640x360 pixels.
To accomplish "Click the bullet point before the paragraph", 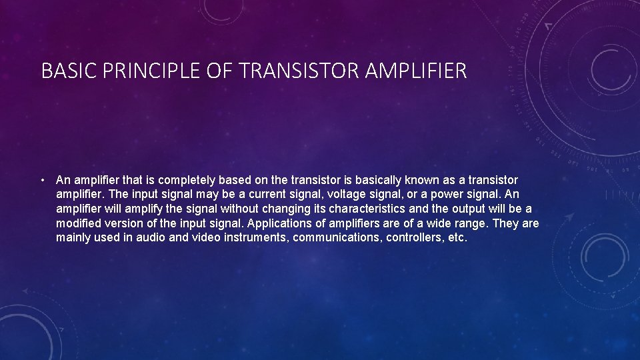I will click(x=42, y=180).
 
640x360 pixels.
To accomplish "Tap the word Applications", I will click(x=285, y=223).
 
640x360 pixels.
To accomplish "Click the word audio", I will click(x=151, y=238).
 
